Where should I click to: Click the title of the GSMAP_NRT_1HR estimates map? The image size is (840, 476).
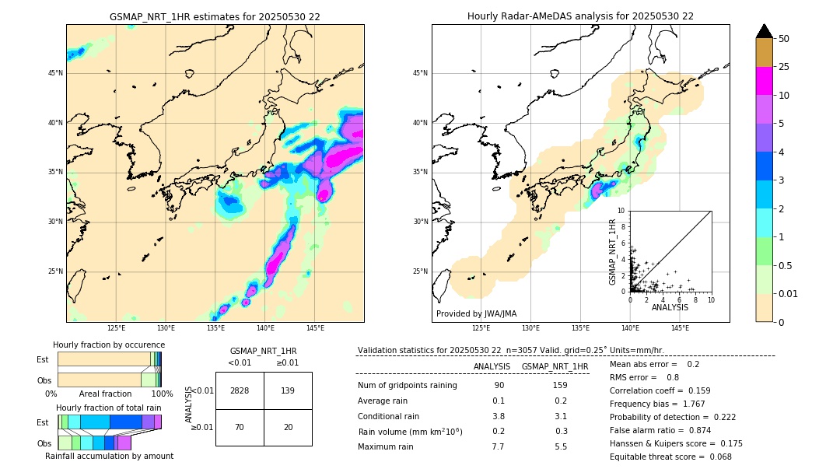click(x=215, y=16)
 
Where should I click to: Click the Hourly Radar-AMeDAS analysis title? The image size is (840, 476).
click(x=580, y=16)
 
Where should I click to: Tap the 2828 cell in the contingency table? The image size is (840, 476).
click(x=240, y=390)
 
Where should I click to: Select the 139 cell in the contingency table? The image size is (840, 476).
click(x=288, y=390)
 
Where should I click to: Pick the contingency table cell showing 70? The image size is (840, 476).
click(x=240, y=427)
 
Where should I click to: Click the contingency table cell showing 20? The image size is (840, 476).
click(x=288, y=427)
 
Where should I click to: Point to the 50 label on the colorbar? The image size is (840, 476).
click(x=784, y=39)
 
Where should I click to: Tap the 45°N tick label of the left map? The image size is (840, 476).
click(x=55, y=73)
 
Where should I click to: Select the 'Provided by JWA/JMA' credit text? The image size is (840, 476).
click(x=476, y=314)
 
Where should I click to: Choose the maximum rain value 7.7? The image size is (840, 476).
click(x=498, y=446)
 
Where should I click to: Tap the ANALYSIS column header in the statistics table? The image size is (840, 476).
click(x=492, y=366)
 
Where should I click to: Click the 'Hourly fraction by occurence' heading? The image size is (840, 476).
click(x=109, y=345)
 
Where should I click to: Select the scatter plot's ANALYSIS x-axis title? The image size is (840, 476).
click(x=670, y=307)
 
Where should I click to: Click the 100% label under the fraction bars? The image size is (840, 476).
click(x=162, y=394)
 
